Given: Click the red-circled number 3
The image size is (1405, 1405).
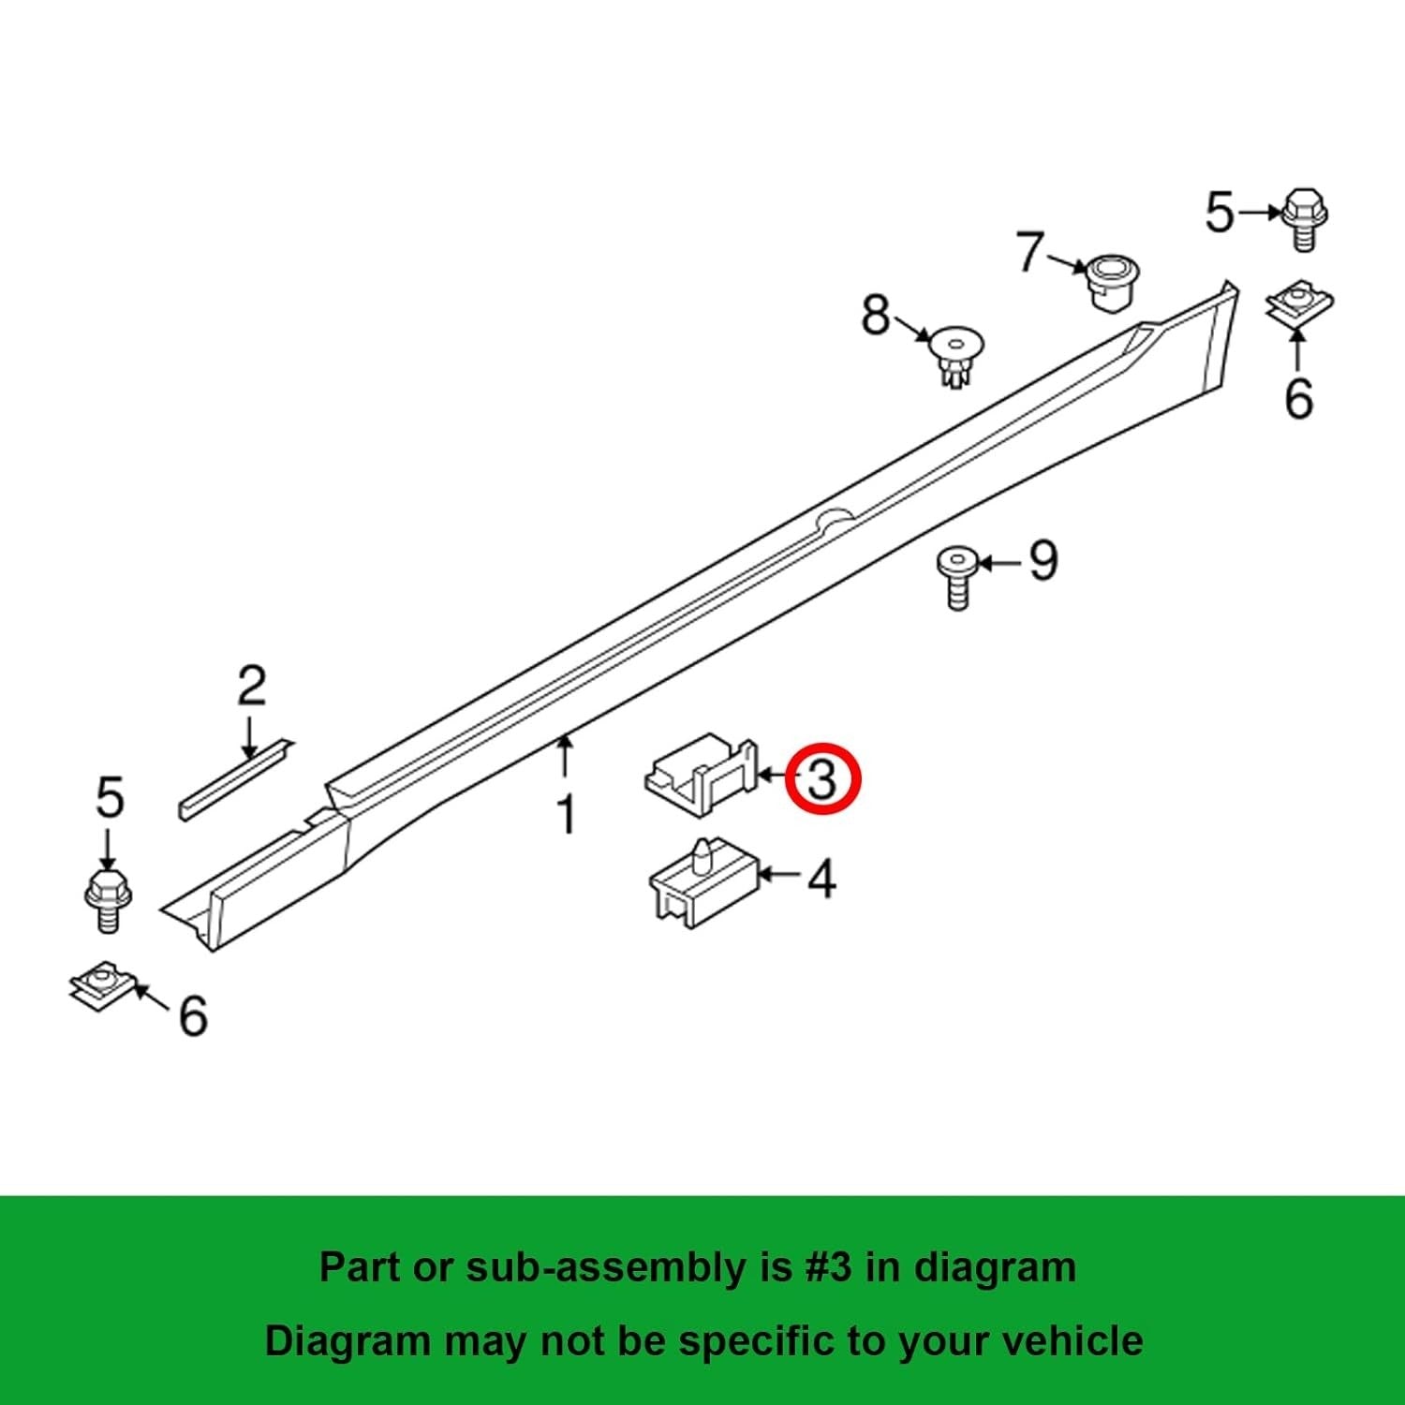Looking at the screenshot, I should [821, 779].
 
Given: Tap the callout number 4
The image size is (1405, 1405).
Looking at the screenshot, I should [821, 880].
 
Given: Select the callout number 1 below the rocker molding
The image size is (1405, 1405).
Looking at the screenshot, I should [566, 813].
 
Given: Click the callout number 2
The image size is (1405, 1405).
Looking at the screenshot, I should [251, 687].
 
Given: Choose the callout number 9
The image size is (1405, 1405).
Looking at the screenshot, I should [1043, 561].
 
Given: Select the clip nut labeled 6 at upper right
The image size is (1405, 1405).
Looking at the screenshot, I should [1298, 303].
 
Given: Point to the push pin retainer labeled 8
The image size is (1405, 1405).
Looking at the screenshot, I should [955, 355].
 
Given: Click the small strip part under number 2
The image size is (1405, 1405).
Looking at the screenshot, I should [234, 780].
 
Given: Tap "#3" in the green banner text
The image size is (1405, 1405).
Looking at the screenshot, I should [828, 1267].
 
